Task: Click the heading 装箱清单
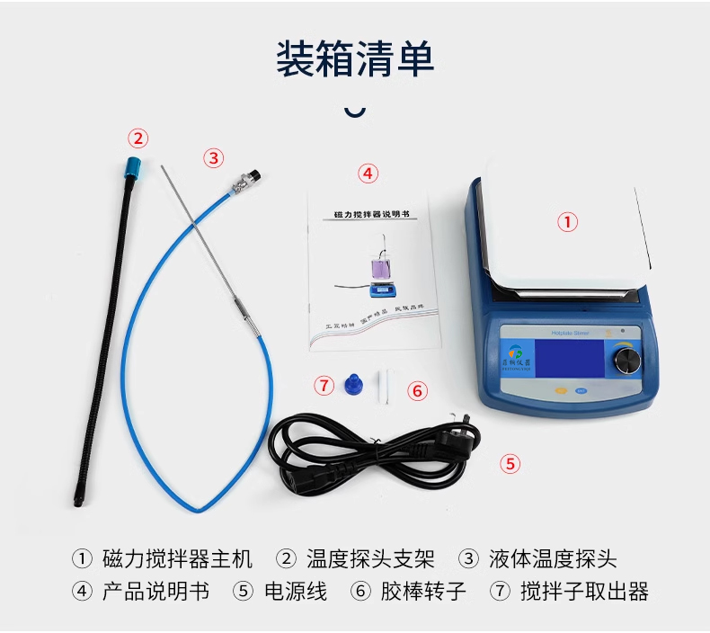point(355,58)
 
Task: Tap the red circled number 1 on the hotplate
point(567,221)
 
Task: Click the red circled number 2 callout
point(138,138)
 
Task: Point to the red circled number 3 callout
point(213,158)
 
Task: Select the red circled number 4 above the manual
point(368,173)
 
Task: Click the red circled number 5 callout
point(510,464)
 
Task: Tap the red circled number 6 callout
point(416,391)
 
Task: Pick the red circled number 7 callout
point(324,386)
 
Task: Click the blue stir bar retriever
point(351,384)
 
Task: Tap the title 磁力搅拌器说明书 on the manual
point(371,216)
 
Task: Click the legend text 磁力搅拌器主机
point(178,559)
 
